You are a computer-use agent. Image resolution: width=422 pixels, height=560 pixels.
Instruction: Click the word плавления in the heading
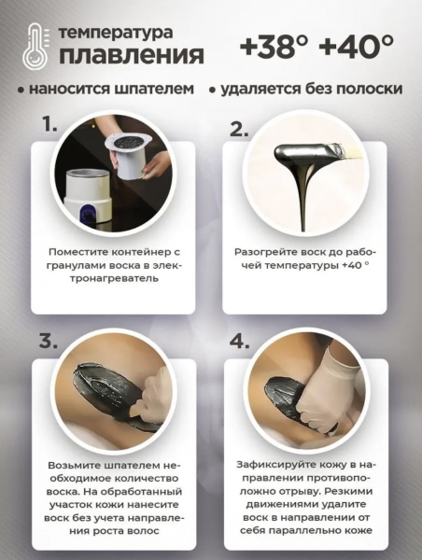[x=132, y=54]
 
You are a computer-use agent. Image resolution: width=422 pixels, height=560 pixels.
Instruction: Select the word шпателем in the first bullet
[x=158, y=91]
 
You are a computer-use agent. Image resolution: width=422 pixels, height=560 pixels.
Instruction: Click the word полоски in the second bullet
[x=371, y=91]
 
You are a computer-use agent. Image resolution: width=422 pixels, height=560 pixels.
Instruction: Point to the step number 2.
[x=238, y=129]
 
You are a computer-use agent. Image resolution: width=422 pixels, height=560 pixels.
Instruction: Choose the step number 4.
[x=239, y=340]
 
